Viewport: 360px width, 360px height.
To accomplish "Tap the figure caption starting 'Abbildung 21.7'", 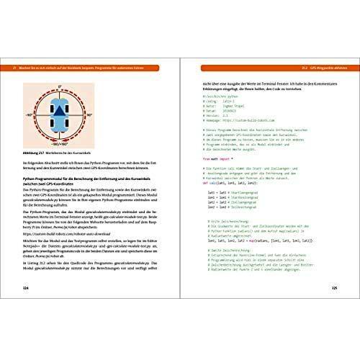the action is (50, 153).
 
